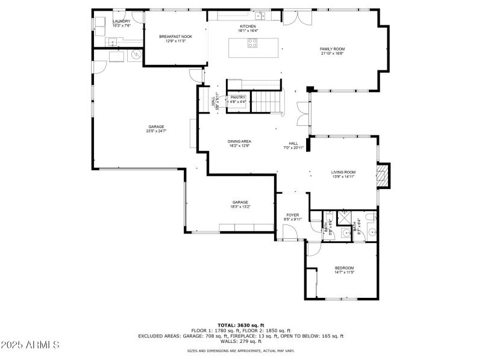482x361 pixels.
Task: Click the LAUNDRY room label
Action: (x=121, y=22)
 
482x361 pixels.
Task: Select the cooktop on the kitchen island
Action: (x=254, y=43)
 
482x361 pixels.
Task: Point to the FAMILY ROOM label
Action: (x=332, y=49)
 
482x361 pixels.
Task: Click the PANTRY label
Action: (x=238, y=97)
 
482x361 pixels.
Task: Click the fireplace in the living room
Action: (x=381, y=176)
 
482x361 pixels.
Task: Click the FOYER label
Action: (x=292, y=215)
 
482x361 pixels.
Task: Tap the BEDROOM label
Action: (x=344, y=268)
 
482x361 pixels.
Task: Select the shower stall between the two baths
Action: (x=346, y=217)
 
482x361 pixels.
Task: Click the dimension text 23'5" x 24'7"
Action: (x=156, y=131)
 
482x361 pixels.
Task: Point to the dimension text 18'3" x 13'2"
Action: (x=240, y=206)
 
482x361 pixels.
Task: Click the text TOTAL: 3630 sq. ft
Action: (x=241, y=325)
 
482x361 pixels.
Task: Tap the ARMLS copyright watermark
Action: (x=30, y=345)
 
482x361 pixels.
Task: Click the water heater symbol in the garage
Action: (x=136, y=55)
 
